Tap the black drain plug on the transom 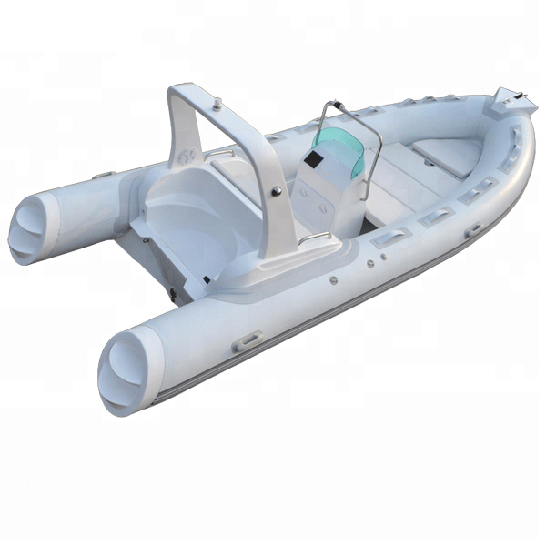click(x=170, y=292)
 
